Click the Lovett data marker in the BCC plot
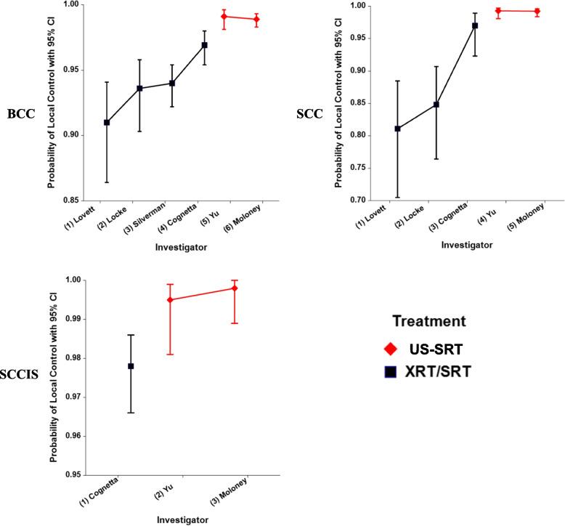pos(107,122)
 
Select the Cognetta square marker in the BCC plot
pos(205,45)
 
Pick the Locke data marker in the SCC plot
pos(436,105)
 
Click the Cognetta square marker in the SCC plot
pos(475,25)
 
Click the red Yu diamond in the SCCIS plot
pos(169,300)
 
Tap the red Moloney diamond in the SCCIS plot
pos(235,288)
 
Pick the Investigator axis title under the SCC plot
pos(467,245)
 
